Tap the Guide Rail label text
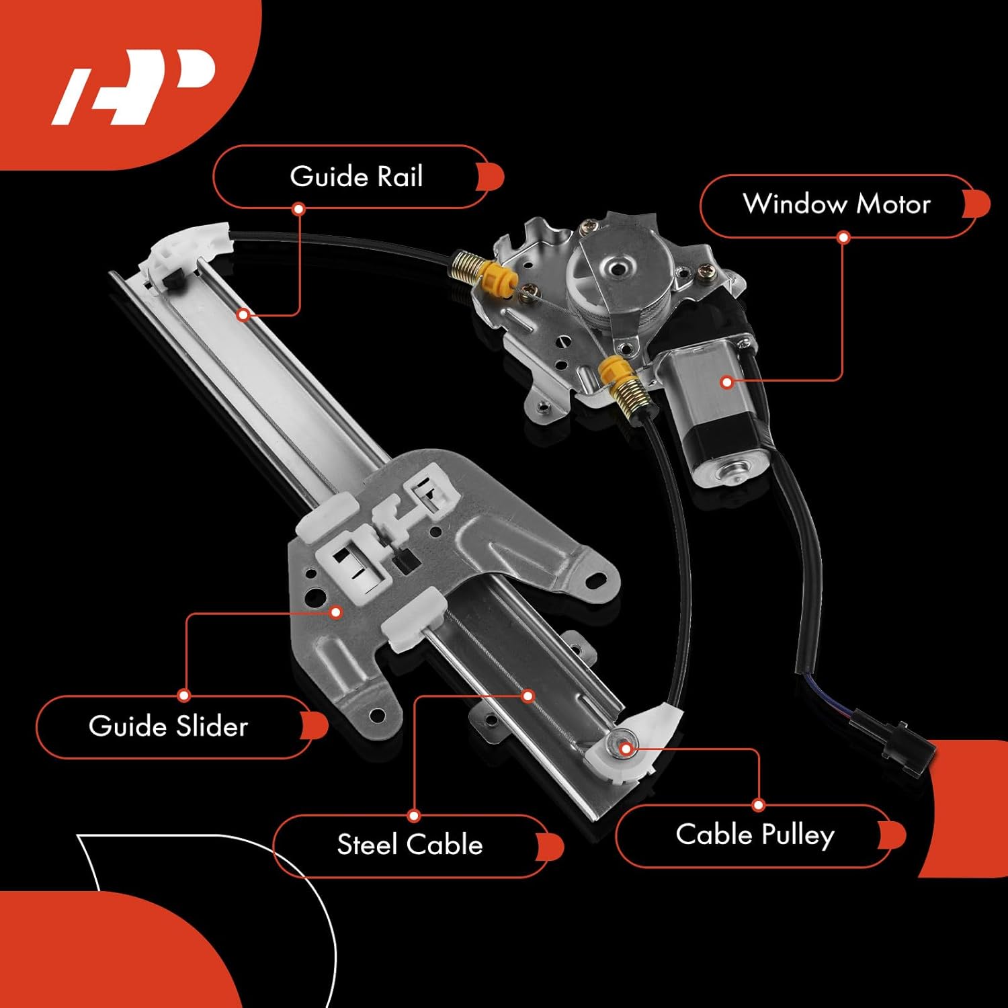(x=356, y=177)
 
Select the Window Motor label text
(x=837, y=204)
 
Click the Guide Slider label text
(x=168, y=726)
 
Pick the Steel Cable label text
(x=410, y=845)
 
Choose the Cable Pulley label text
(x=755, y=835)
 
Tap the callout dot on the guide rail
(x=243, y=314)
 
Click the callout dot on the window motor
(x=726, y=382)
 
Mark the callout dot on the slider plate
(x=336, y=612)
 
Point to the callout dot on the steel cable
(x=528, y=696)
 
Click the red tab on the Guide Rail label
(x=492, y=177)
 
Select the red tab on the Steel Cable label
(x=551, y=846)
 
